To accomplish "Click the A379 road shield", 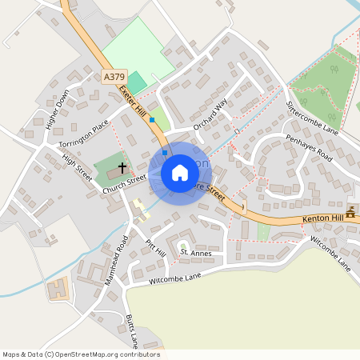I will click(x=114, y=77).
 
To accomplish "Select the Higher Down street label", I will click(x=58, y=110).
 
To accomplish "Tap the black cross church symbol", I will click(x=122, y=168).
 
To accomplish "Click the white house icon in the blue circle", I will click(x=180, y=172).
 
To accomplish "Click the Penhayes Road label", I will click(x=309, y=147).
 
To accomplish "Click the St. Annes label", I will click(x=196, y=253).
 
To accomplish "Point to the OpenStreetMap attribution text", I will click(x=81, y=354).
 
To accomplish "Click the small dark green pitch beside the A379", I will click(x=138, y=82).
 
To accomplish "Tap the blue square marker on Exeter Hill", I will click(x=151, y=119).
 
